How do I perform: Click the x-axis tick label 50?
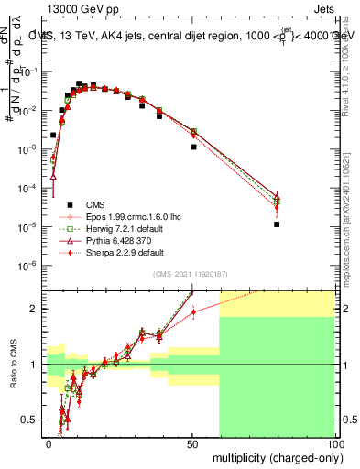click(x=192, y=443)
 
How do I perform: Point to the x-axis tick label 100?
click(x=334, y=443)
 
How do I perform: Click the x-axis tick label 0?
click(x=49, y=443)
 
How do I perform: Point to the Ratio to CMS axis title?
click(x=13, y=364)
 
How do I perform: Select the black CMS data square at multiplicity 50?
click(x=193, y=147)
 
